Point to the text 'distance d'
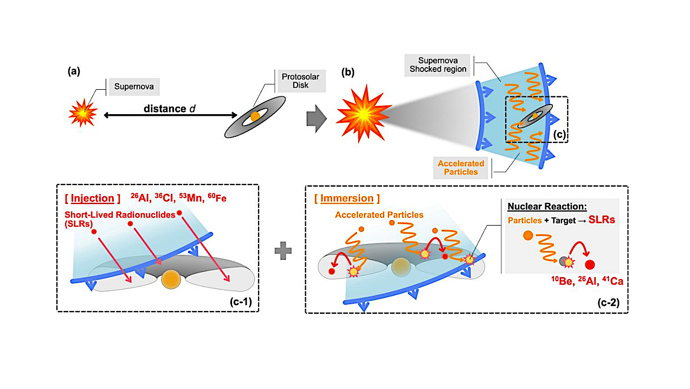tap(169, 108)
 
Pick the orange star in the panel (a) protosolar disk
tap(254, 117)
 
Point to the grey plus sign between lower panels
tap(282, 252)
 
